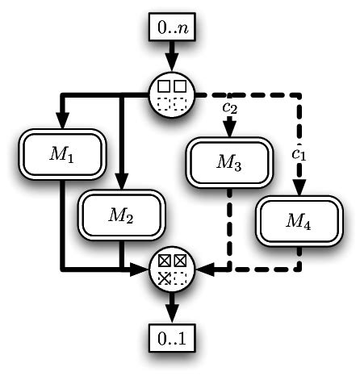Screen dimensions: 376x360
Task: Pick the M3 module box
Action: (x=228, y=161)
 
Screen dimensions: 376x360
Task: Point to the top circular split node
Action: (x=171, y=94)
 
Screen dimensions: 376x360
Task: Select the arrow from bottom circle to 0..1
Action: (x=171, y=307)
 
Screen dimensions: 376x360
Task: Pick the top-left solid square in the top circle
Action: (x=163, y=85)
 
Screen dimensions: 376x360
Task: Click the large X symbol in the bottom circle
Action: (x=164, y=278)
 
